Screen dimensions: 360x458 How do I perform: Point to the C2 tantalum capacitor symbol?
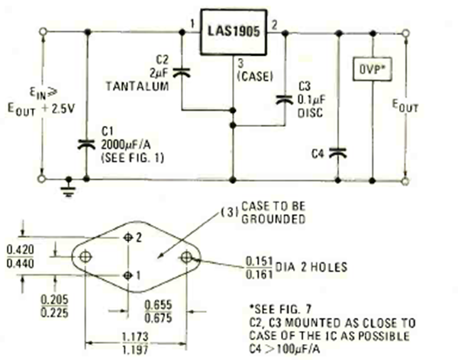[182, 73]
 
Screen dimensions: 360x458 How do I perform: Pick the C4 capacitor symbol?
[340, 153]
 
